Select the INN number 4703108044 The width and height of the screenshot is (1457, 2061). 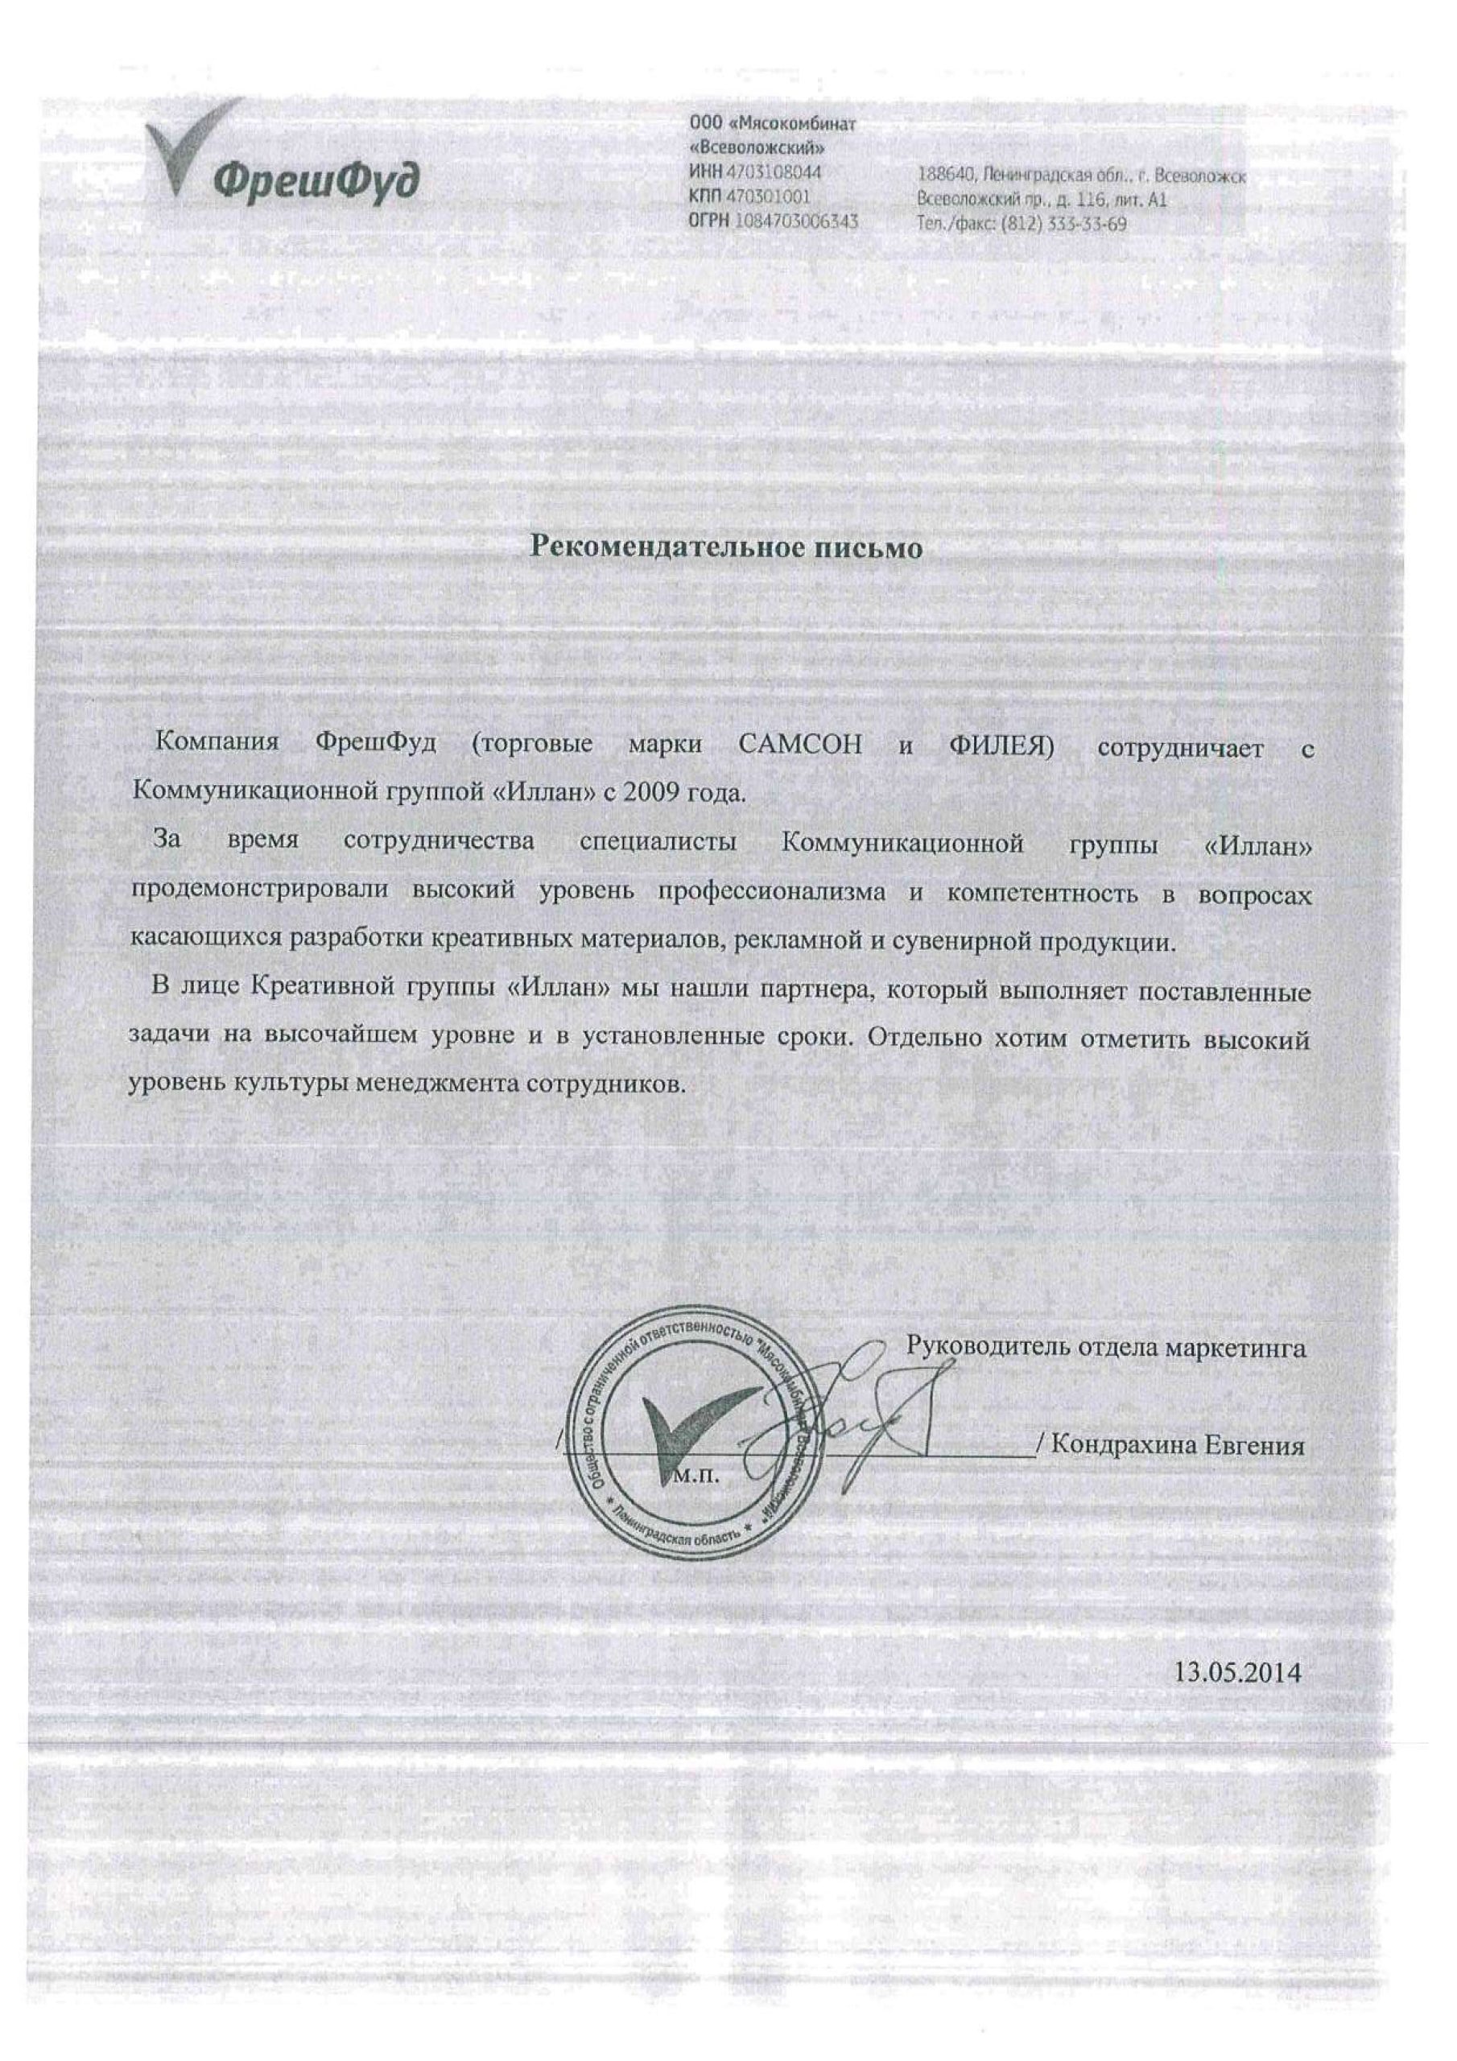tap(773, 171)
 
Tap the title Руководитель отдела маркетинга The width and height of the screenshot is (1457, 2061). tap(1106, 1374)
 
